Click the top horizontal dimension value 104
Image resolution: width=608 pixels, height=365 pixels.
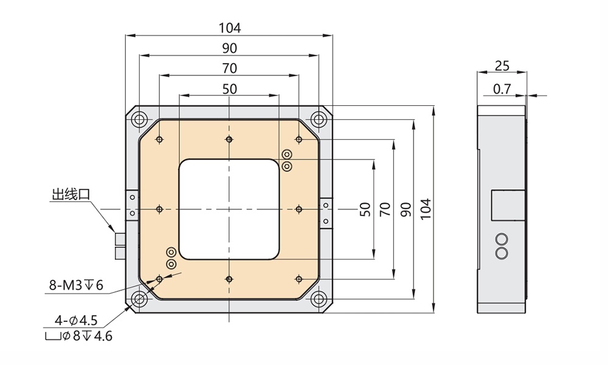pyautogui.click(x=230, y=27)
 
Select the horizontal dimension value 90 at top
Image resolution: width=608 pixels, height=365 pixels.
pyautogui.click(x=230, y=48)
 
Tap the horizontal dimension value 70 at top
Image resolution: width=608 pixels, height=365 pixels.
pyautogui.click(x=230, y=68)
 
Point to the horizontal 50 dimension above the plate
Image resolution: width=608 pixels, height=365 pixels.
pyautogui.click(x=230, y=89)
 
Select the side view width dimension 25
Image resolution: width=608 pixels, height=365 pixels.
pyautogui.click(x=502, y=66)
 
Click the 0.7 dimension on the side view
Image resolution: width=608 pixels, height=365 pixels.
pyautogui.click(x=502, y=89)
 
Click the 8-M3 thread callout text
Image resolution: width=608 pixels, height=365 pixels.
pyautogui.click(x=77, y=285)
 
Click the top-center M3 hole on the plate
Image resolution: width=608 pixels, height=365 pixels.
pyautogui.click(x=229, y=140)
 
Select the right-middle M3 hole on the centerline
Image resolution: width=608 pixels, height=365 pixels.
pyautogui.click(x=299, y=209)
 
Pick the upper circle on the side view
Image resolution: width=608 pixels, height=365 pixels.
pyautogui.click(x=502, y=238)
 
